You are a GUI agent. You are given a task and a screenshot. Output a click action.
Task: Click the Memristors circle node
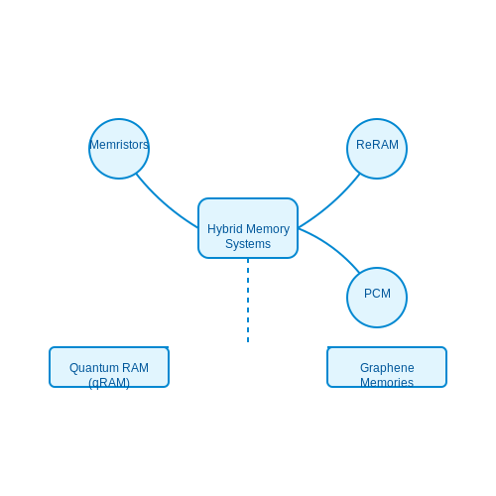pyautogui.click(x=119, y=149)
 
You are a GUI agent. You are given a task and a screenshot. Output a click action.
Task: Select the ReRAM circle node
pyautogui.click(x=377, y=149)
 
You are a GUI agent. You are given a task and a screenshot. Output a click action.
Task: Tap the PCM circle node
pyautogui.click(x=377, y=298)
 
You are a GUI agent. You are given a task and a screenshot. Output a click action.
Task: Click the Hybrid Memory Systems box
pyautogui.click(x=248, y=228)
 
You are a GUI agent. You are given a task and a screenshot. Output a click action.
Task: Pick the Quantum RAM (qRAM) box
pyautogui.click(x=109, y=367)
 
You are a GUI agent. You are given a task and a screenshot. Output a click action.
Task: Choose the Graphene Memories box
pyautogui.click(x=387, y=367)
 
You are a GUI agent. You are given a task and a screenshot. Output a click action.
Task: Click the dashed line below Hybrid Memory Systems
pyautogui.click(x=248, y=301)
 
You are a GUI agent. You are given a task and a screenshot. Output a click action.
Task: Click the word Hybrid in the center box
pyautogui.click(x=225, y=229)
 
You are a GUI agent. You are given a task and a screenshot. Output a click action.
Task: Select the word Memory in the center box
pyautogui.click(x=268, y=229)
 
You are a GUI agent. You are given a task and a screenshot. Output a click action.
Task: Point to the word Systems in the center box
pyautogui.click(x=248, y=244)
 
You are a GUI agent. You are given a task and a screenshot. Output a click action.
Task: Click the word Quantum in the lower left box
pyautogui.click(x=89, y=368)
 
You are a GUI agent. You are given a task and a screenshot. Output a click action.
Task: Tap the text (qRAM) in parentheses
pyautogui.click(x=109, y=383)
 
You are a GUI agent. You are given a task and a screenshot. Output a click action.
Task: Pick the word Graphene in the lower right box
pyautogui.click(x=387, y=368)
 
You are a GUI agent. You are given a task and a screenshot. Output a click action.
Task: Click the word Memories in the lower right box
pyautogui.click(x=387, y=383)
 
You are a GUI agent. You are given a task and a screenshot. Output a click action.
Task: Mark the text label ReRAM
pyautogui.click(x=377, y=145)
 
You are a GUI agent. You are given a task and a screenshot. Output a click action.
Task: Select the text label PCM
pyautogui.click(x=377, y=294)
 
